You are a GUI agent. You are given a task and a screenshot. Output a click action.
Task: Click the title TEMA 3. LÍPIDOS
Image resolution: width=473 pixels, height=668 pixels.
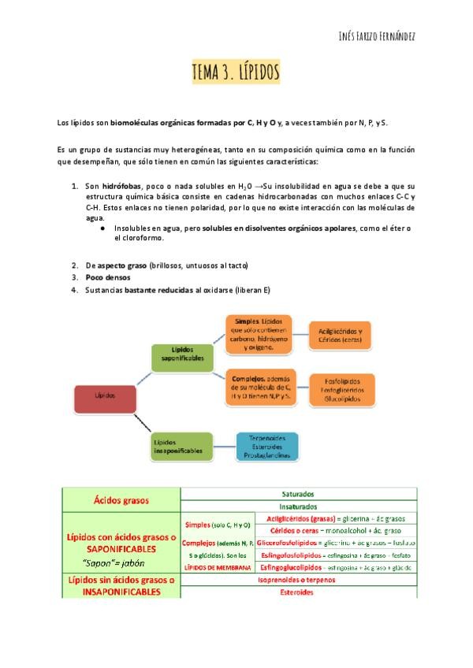236,73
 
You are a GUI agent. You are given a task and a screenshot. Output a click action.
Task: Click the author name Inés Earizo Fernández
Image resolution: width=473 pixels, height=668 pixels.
371,37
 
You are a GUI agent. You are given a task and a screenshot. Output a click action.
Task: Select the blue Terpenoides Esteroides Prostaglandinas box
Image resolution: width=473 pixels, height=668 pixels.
267,446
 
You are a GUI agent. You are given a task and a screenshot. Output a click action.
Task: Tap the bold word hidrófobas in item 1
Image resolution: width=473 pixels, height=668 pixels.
121,186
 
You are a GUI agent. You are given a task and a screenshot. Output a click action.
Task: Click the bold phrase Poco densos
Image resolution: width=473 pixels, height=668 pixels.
108,277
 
